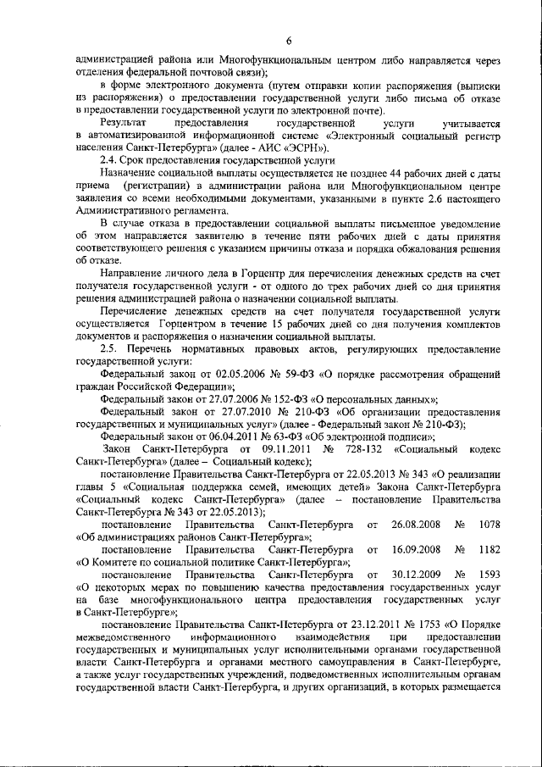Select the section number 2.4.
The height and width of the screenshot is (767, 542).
coord(108,159)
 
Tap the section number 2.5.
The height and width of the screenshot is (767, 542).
coord(110,349)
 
